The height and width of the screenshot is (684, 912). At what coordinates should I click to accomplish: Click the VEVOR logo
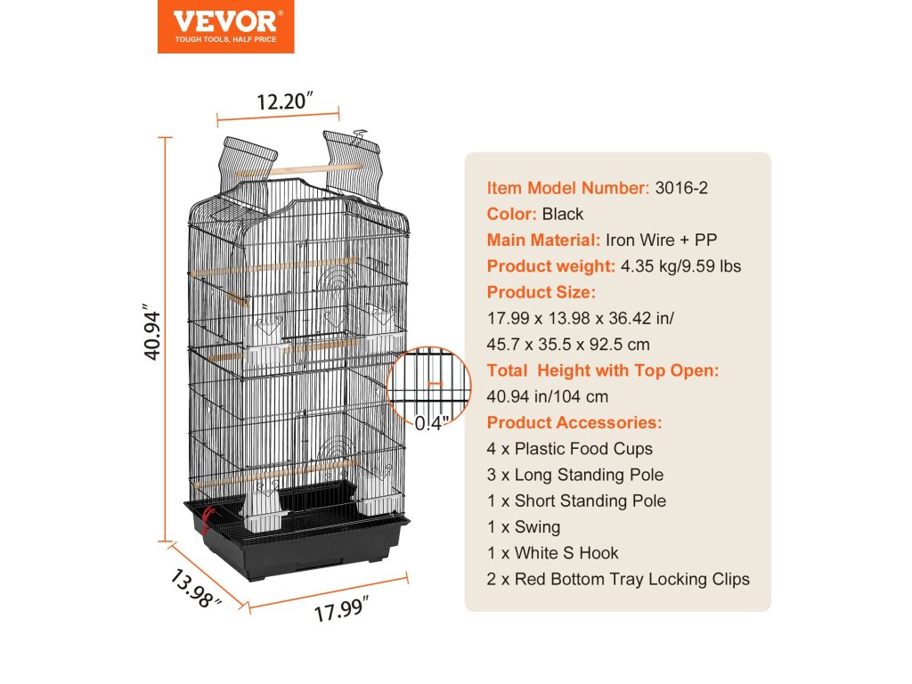pyautogui.click(x=225, y=26)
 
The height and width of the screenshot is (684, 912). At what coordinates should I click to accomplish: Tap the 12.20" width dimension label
pyautogui.click(x=284, y=101)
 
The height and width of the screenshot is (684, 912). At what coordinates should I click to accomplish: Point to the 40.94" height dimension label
pyautogui.click(x=153, y=335)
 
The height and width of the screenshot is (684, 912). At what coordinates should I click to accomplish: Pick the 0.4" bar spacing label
pyautogui.click(x=433, y=425)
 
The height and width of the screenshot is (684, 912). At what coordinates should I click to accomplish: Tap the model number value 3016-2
pyautogui.click(x=681, y=188)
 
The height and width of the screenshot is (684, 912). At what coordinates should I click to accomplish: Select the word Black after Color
pyautogui.click(x=563, y=214)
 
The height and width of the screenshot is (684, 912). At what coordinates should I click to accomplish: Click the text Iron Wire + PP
pyautogui.click(x=662, y=240)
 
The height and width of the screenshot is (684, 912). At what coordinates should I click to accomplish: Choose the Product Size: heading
pyautogui.click(x=541, y=292)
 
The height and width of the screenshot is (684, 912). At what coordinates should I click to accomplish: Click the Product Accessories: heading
pyautogui.click(x=574, y=422)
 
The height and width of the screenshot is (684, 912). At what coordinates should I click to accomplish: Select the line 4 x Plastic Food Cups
pyautogui.click(x=570, y=449)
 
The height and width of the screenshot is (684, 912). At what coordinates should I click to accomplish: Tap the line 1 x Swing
pyautogui.click(x=524, y=526)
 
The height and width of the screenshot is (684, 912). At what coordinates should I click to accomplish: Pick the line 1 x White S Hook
pyautogui.click(x=553, y=553)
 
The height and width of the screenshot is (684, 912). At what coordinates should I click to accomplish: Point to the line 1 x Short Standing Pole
pyautogui.click(x=576, y=501)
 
